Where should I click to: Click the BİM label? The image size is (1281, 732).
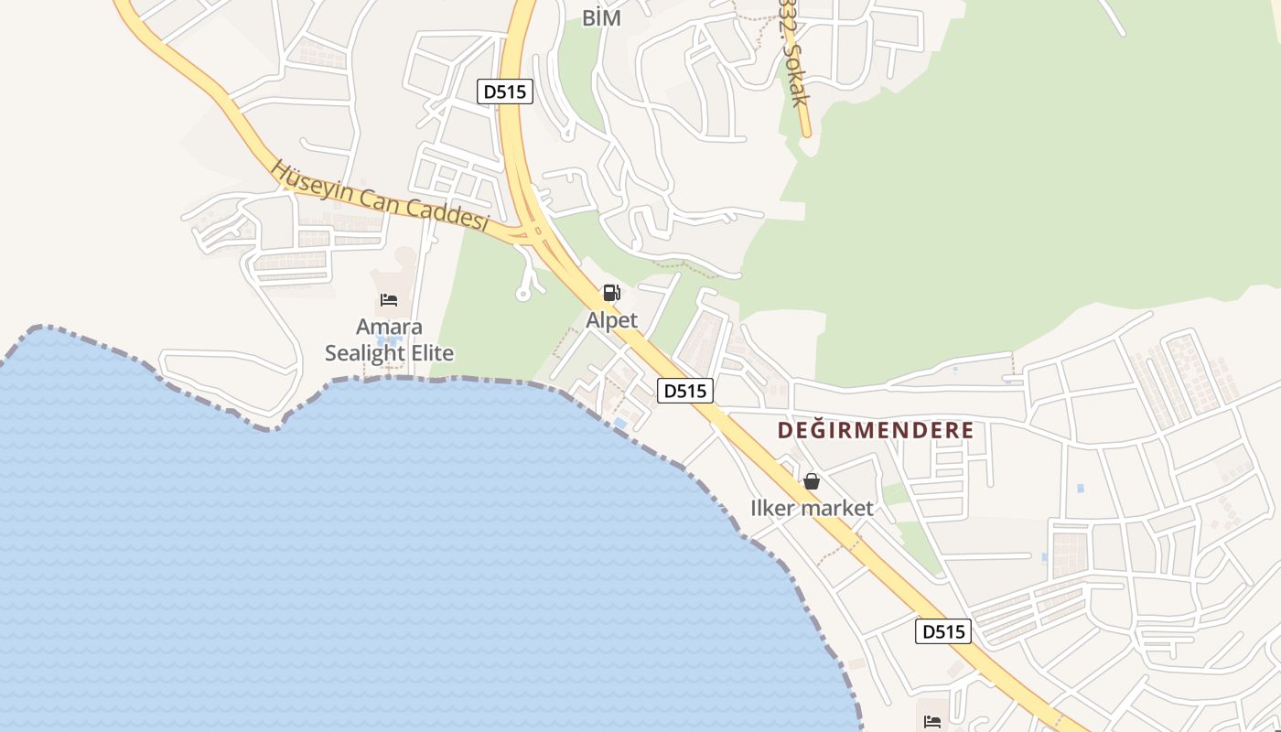tap(601, 17)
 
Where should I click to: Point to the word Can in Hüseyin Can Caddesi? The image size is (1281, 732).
tap(375, 196)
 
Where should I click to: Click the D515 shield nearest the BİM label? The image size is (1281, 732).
tap(505, 91)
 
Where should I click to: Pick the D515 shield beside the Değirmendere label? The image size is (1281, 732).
tap(684, 391)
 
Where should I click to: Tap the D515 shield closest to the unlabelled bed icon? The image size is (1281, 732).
tap(942, 631)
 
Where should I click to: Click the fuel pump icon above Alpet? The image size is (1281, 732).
tap(611, 294)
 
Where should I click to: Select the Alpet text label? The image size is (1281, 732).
tap(611, 321)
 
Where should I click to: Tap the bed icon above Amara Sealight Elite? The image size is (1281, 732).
tap(389, 299)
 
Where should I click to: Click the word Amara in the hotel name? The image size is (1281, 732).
tap(389, 328)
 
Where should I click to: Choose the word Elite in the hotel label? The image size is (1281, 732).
tap(431, 353)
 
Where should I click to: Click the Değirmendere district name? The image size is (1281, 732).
tap(875, 430)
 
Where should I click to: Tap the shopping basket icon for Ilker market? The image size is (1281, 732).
tap(812, 481)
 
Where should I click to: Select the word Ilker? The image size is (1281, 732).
tap(774, 509)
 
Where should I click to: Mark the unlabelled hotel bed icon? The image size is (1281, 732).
tap(932, 722)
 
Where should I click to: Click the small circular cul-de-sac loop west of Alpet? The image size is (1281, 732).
tap(522, 295)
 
